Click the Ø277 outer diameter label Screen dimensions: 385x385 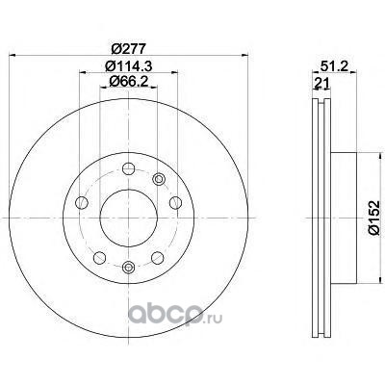(128, 49)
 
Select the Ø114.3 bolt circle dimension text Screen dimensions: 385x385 (128, 66)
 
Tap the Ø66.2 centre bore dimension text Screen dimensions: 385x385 (128, 81)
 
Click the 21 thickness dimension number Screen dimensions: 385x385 (321, 84)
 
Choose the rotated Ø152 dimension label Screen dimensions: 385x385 (374, 218)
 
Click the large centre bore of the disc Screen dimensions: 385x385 (128, 218)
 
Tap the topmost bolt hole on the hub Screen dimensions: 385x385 (128, 168)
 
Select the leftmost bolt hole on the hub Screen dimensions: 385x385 (82, 203)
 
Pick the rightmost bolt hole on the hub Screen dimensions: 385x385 (175, 203)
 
